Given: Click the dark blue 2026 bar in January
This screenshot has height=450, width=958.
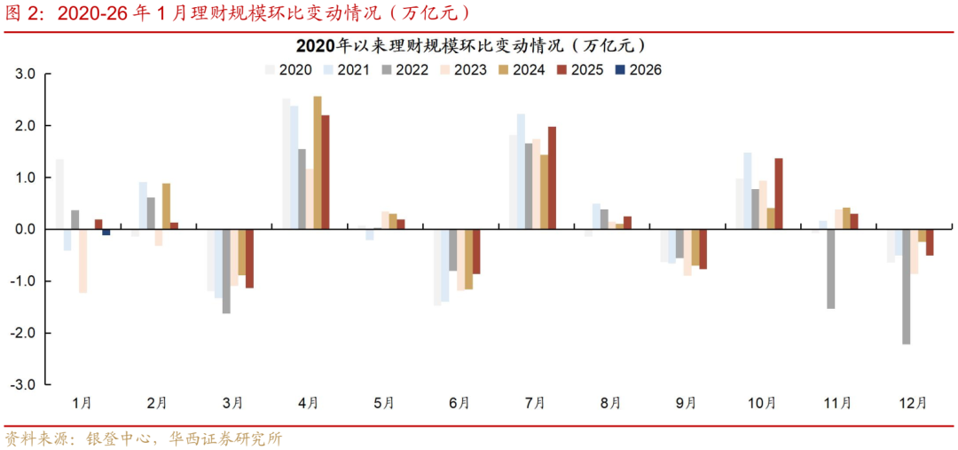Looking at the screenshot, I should [106, 232].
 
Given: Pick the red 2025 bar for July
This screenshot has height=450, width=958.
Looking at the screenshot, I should [552, 178].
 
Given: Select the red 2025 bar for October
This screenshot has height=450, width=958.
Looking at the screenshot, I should [779, 193].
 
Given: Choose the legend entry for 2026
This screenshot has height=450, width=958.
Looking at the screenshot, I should [638, 69].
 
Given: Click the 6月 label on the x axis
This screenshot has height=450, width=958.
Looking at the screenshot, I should [459, 402].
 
